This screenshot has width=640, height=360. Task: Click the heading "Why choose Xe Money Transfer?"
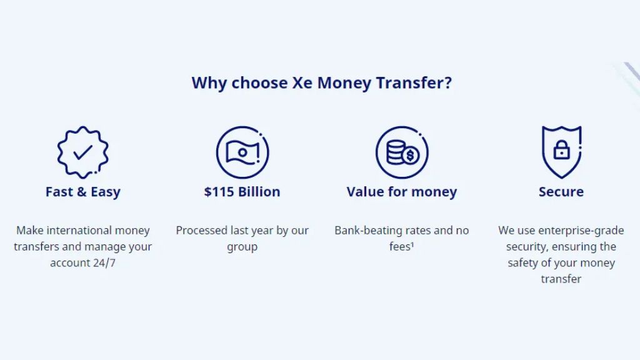point(322,83)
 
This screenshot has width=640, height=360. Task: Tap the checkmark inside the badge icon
point(83,152)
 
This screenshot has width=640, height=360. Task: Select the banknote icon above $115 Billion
point(242,152)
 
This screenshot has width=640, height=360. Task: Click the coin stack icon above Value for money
point(402,152)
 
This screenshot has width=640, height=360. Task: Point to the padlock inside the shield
point(562,150)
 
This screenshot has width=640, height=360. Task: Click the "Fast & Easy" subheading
point(83,192)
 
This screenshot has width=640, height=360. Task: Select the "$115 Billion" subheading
point(242,192)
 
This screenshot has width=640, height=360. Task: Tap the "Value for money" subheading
point(402,192)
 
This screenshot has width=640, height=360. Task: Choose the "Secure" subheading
point(561,192)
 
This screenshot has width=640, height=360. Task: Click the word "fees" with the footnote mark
point(402,246)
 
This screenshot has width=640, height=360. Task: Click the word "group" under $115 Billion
point(242,247)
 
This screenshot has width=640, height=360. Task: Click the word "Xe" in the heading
point(302,83)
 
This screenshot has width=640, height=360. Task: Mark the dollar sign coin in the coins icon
point(410,156)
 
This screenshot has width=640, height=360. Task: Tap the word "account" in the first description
point(64,263)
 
